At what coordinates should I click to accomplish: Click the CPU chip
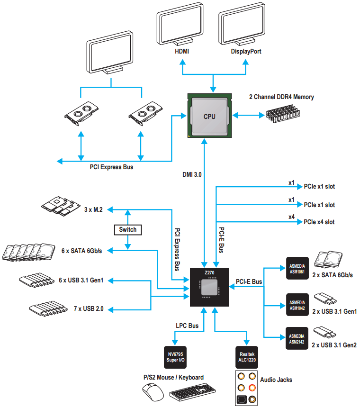tap(209, 116)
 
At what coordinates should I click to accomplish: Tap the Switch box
tap(128, 229)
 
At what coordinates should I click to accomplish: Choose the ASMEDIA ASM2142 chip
tap(297, 338)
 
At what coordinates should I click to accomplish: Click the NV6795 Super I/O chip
tap(175, 357)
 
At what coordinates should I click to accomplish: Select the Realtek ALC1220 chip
tap(247, 357)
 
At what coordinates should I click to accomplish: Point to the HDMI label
tap(182, 51)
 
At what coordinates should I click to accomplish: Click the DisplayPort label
tap(246, 51)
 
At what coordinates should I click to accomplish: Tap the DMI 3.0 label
tap(192, 174)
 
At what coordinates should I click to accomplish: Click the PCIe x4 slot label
tap(319, 222)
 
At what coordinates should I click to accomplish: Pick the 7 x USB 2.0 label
tap(88, 308)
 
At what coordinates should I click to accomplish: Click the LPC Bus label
tap(187, 326)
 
